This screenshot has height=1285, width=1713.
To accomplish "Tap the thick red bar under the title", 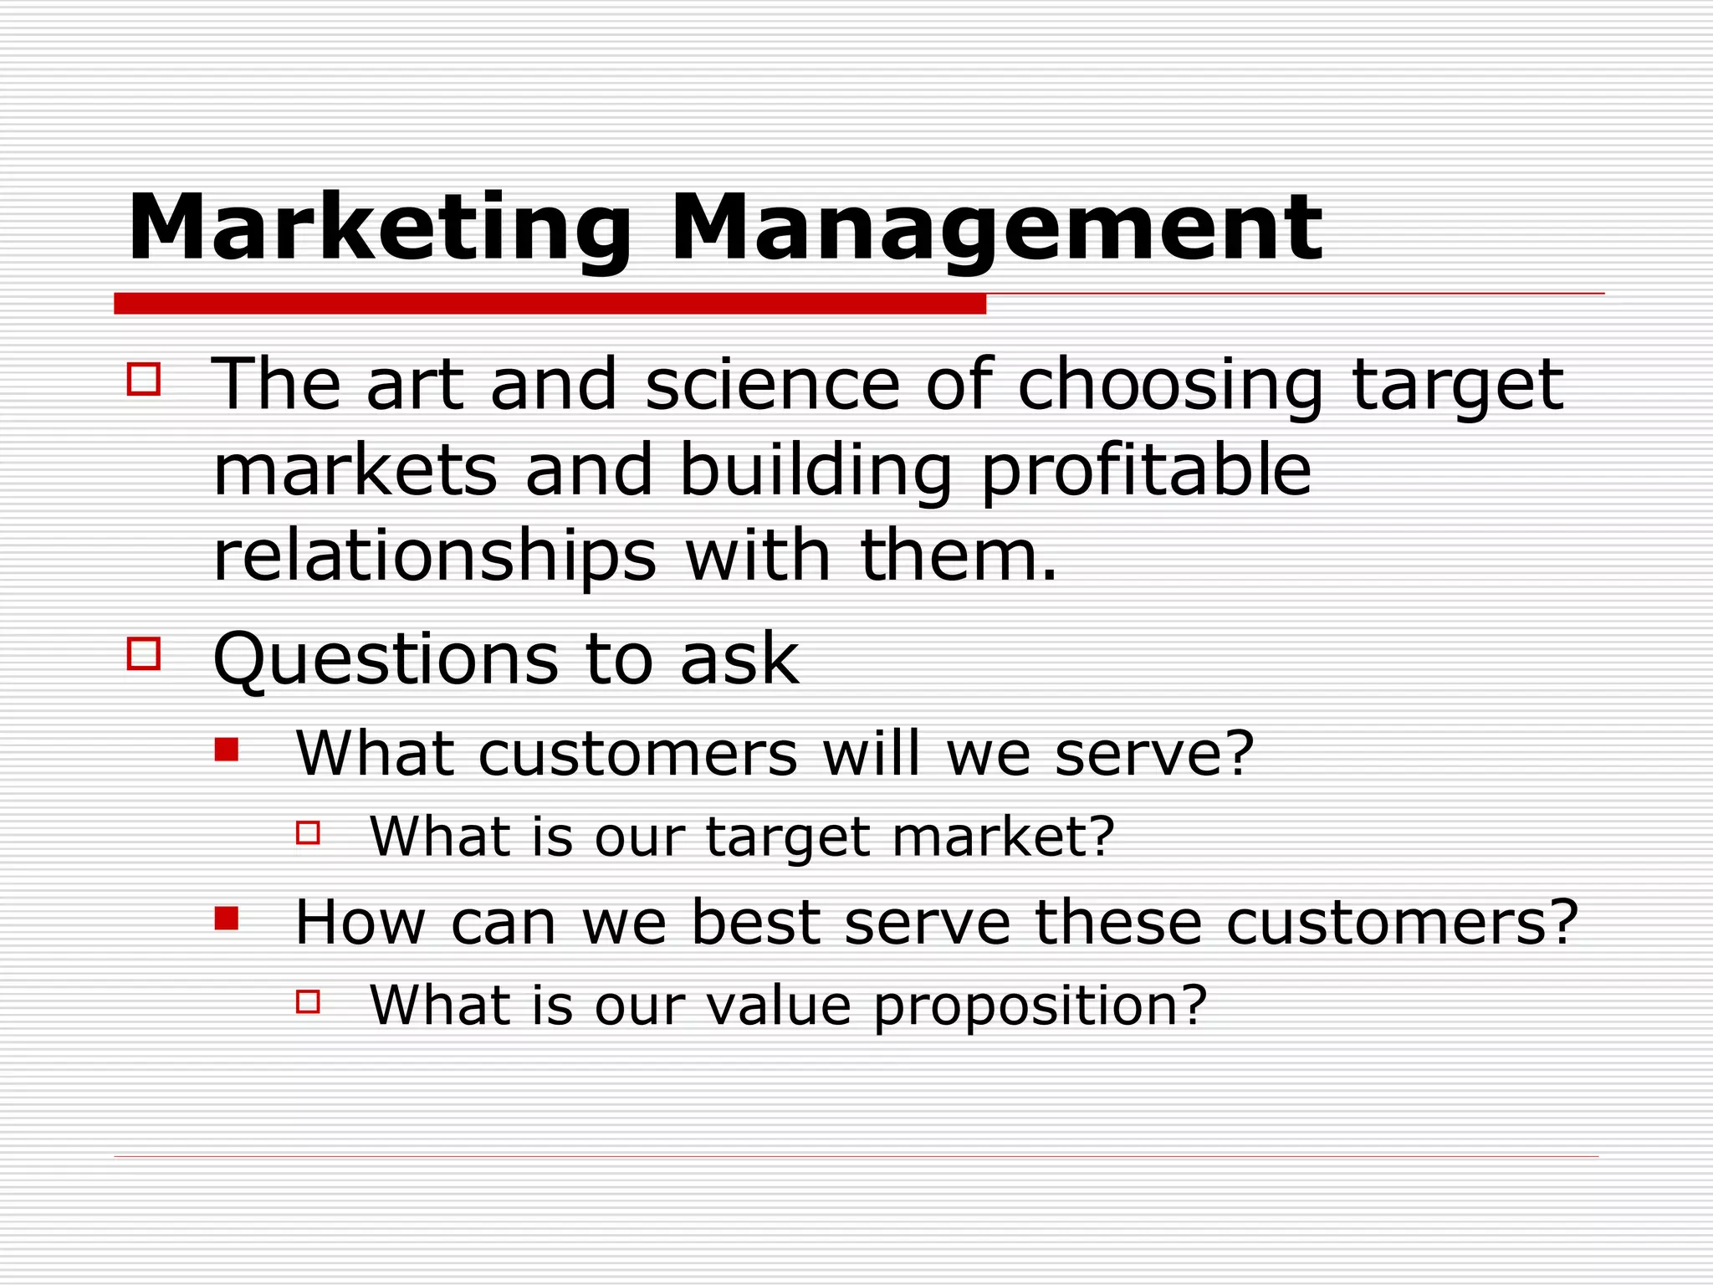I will (550, 304).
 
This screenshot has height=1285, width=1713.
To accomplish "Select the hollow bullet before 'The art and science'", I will (144, 378).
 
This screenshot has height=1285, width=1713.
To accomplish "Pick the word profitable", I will (1145, 472).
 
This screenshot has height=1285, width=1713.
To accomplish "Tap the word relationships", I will (435, 558).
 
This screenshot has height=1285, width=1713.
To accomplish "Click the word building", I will (816, 472).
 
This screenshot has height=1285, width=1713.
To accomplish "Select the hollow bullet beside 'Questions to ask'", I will (144, 653).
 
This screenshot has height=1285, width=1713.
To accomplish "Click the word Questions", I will (386, 660).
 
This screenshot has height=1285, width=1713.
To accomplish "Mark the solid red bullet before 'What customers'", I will (227, 749).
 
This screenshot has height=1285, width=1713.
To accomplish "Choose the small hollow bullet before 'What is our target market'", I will (308, 832).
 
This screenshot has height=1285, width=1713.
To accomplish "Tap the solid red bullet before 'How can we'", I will (227, 918).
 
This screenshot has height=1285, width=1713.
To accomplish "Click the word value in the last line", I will (778, 1006).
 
